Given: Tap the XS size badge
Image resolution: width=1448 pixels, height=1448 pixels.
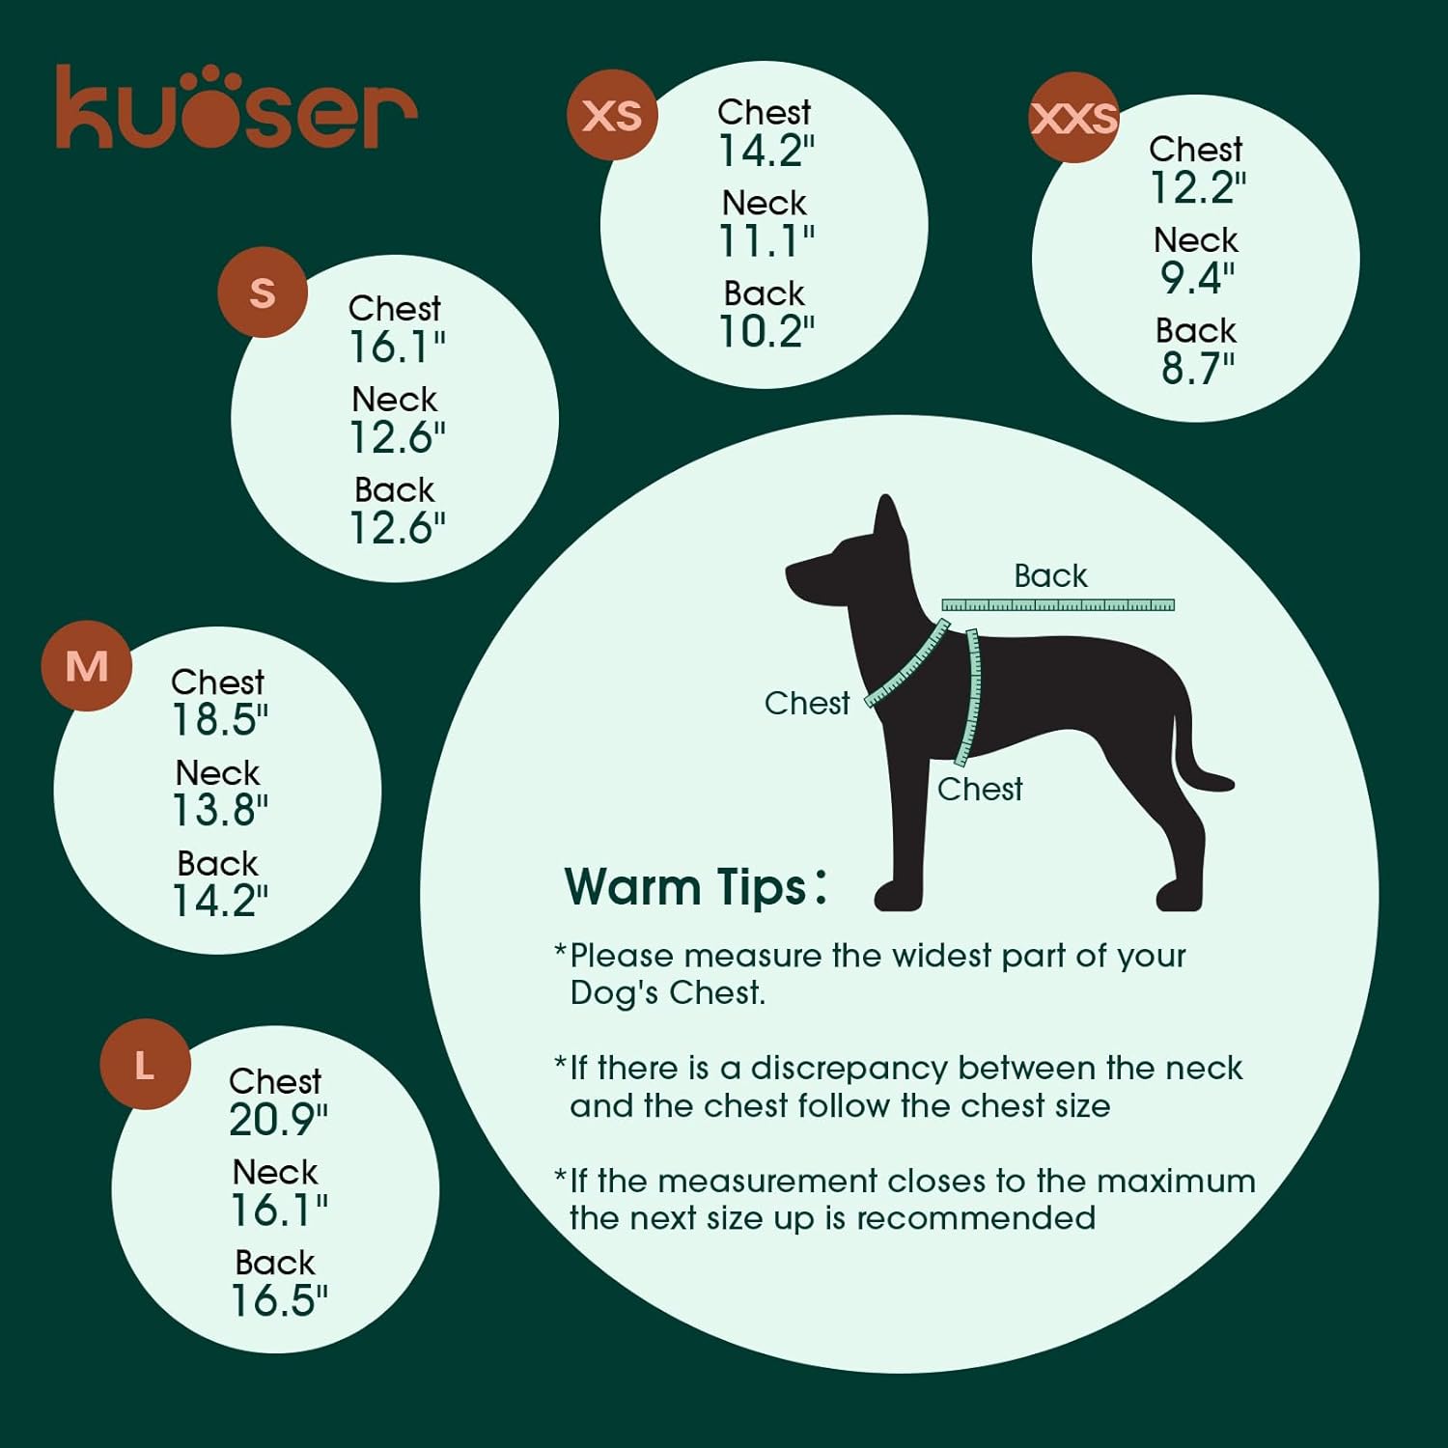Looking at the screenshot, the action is [612, 115].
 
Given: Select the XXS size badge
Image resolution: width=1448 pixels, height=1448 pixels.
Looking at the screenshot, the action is [1074, 118].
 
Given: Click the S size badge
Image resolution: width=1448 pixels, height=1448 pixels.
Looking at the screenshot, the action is [263, 292].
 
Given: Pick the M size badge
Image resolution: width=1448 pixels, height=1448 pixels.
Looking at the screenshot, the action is [87, 666].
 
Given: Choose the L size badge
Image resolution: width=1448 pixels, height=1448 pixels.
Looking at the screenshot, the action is [145, 1065].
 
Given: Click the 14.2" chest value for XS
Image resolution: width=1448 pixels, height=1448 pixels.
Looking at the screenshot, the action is [766, 151].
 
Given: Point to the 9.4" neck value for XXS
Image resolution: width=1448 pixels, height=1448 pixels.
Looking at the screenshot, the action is [1197, 278].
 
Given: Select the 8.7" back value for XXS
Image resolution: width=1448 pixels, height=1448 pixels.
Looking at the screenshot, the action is [1197, 368].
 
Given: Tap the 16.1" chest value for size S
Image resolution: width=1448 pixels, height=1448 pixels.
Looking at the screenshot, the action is [397, 347].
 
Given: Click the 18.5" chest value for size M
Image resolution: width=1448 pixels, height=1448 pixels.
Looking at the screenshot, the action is [220, 720].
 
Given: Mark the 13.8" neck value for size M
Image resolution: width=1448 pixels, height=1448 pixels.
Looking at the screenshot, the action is [220, 810].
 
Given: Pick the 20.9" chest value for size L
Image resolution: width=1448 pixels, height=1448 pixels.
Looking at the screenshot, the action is [278, 1120].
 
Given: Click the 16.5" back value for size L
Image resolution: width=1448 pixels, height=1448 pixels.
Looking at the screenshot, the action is [278, 1300].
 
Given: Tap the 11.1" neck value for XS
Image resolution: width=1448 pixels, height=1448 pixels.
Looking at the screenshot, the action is [766, 241].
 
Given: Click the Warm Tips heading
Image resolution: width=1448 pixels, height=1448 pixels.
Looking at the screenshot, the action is [695, 886].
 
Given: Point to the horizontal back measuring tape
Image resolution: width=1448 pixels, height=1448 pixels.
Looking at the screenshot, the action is [1058, 605].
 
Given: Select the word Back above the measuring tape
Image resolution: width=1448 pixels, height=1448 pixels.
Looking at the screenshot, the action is [1050, 576].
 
